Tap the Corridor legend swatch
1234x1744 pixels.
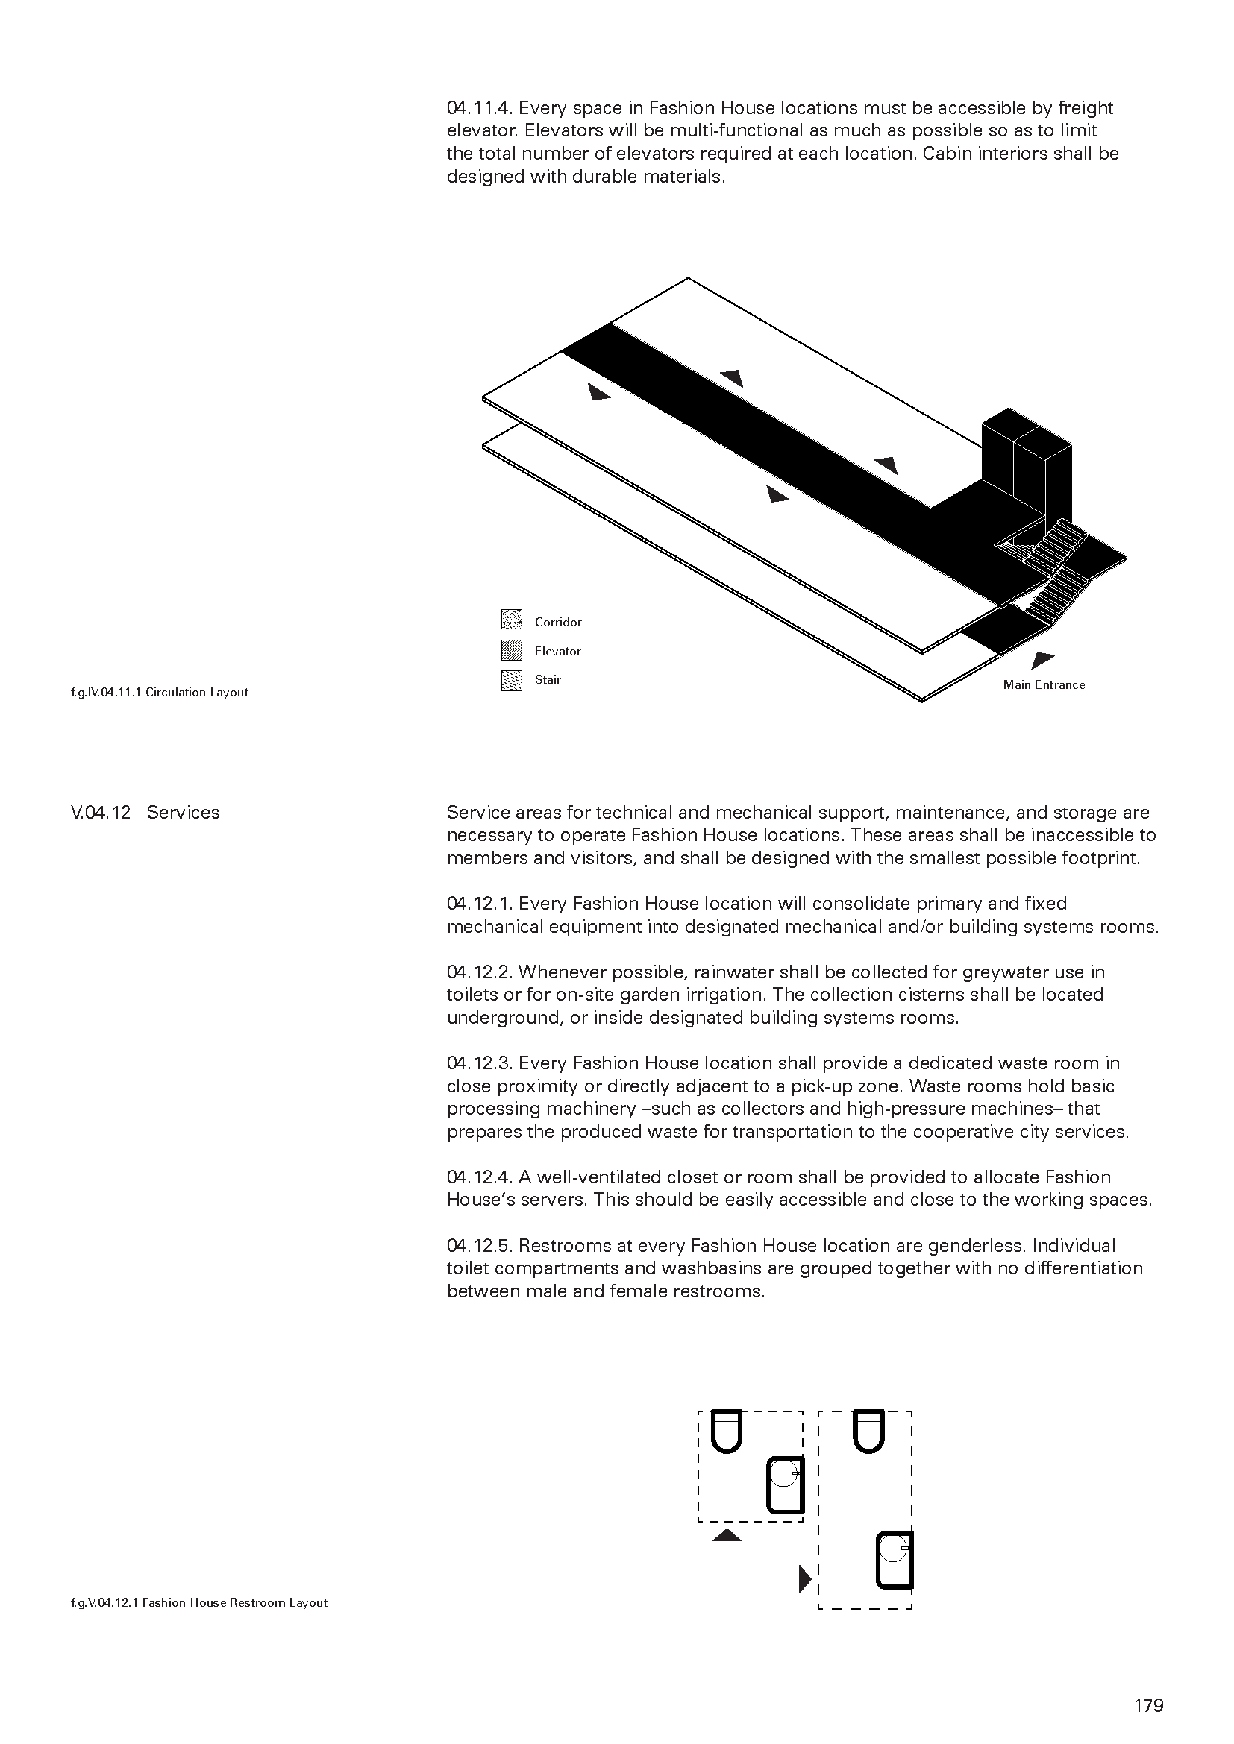click(x=511, y=620)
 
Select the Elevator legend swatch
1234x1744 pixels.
click(x=511, y=649)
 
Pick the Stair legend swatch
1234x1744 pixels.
click(x=511, y=679)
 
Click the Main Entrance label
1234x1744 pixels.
click(x=1043, y=684)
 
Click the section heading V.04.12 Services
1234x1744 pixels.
click(x=145, y=812)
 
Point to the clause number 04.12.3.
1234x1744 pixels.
click(x=480, y=1063)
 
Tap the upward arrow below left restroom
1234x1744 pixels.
click(x=727, y=1536)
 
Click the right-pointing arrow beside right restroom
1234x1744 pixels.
click(x=804, y=1578)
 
